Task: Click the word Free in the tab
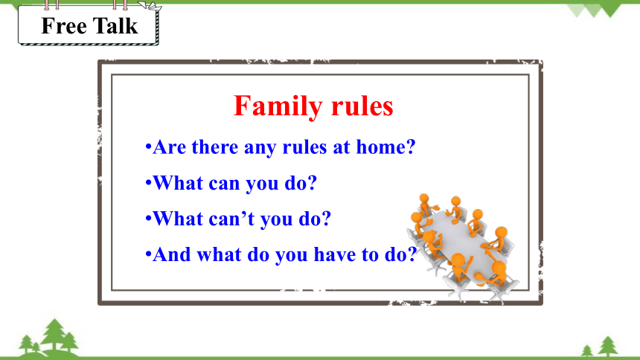(x=64, y=26)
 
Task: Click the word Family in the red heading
(x=278, y=107)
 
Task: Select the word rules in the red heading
(x=362, y=106)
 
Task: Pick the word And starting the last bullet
(x=172, y=254)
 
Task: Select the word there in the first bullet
(x=214, y=147)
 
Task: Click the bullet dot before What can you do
(x=148, y=183)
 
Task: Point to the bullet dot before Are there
(x=148, y=147)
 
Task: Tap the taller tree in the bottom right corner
(x=608, y=346)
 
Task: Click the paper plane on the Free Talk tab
(x=150, y=6)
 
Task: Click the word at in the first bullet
(x=342, y=147)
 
